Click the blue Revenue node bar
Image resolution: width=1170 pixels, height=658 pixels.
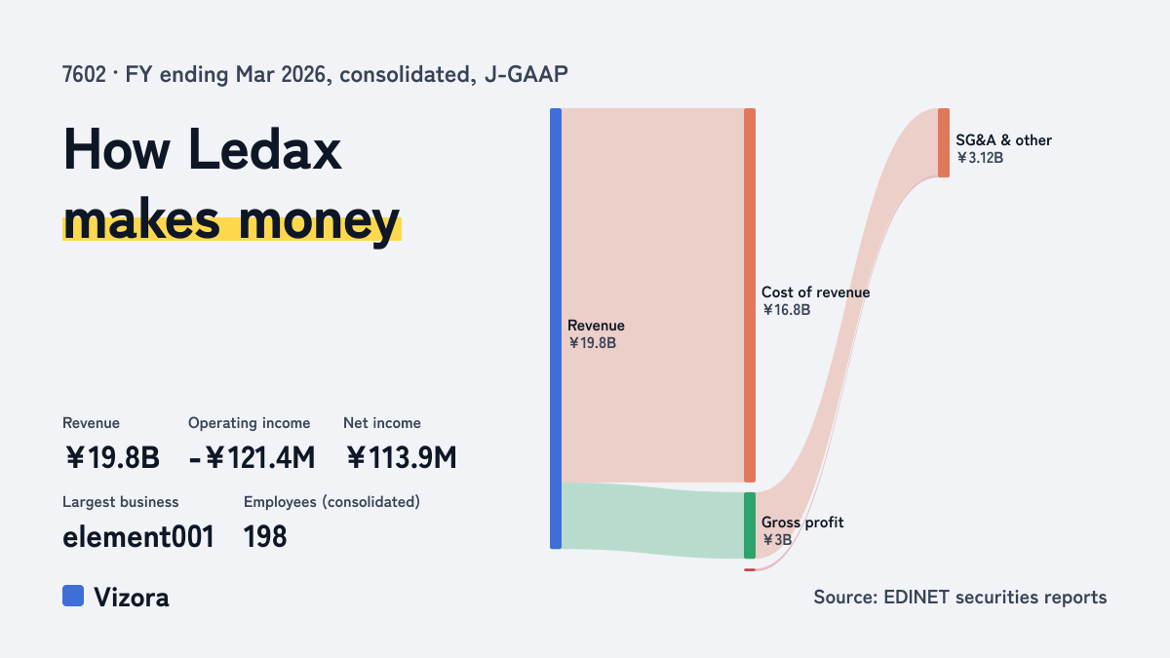pos(556,329)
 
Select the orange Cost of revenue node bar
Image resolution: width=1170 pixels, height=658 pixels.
pos(750,295)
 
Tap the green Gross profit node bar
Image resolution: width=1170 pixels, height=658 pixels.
pos(750,525)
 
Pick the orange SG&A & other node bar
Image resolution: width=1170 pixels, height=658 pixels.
pos(944,142)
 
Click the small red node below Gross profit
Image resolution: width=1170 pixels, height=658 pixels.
pos(750,569)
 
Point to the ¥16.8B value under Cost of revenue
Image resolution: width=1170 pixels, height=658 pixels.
pos(786,310)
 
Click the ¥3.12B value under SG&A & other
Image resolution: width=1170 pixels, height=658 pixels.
pos(980,158)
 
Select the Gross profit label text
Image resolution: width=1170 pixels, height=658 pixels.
pos(802,523)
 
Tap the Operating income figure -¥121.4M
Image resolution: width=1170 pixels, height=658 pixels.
pos(252,457)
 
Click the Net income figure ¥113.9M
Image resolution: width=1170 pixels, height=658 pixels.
pos(401,457)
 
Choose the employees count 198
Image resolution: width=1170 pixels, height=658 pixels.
pos(265,537)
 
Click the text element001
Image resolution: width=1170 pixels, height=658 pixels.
pos(138,537)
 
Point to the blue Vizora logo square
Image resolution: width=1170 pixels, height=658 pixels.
pos(73,596)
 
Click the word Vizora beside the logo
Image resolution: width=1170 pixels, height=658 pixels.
pos(132,598)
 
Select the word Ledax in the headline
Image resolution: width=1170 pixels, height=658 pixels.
pos(265,150)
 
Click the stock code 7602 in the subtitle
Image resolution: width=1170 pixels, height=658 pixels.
pos(84,75)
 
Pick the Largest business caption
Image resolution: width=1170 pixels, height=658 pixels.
pos(121,502)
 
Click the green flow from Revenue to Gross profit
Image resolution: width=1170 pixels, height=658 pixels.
pos(653,520)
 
